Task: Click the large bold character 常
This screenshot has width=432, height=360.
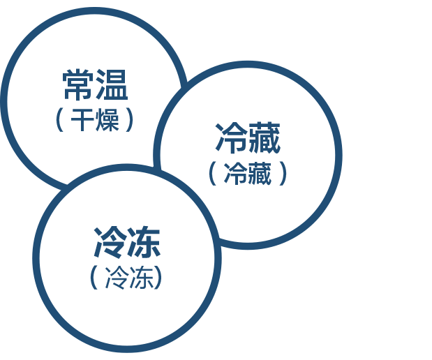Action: [78, 84]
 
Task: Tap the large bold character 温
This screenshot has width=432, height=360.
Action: [112, 84]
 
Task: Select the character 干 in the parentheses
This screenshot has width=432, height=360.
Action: [82, 120]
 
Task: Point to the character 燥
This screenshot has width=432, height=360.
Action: [107, 120]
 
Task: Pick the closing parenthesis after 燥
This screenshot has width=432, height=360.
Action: [129, 120]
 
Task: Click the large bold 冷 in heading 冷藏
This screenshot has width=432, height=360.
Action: [231, 137]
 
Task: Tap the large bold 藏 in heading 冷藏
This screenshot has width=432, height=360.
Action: [264, 137]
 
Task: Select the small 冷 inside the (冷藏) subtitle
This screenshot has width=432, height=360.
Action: [235, 173]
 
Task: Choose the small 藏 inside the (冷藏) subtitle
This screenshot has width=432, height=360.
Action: [260, 173]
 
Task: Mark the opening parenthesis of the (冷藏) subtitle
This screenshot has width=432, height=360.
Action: [213, 174]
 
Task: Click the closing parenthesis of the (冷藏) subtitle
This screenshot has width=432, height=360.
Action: [283, 174]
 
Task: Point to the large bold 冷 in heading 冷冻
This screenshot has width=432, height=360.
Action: [109, 242]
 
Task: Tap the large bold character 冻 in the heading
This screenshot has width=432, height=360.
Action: [144, 242]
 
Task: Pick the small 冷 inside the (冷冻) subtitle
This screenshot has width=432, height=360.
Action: [117, 278]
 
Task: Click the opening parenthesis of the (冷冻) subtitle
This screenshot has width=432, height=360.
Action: [94, 278]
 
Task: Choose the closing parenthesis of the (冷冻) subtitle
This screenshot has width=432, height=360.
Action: [158, 278]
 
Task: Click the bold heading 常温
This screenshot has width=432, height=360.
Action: [96, 84]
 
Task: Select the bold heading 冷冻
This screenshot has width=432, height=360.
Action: [127, 242]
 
